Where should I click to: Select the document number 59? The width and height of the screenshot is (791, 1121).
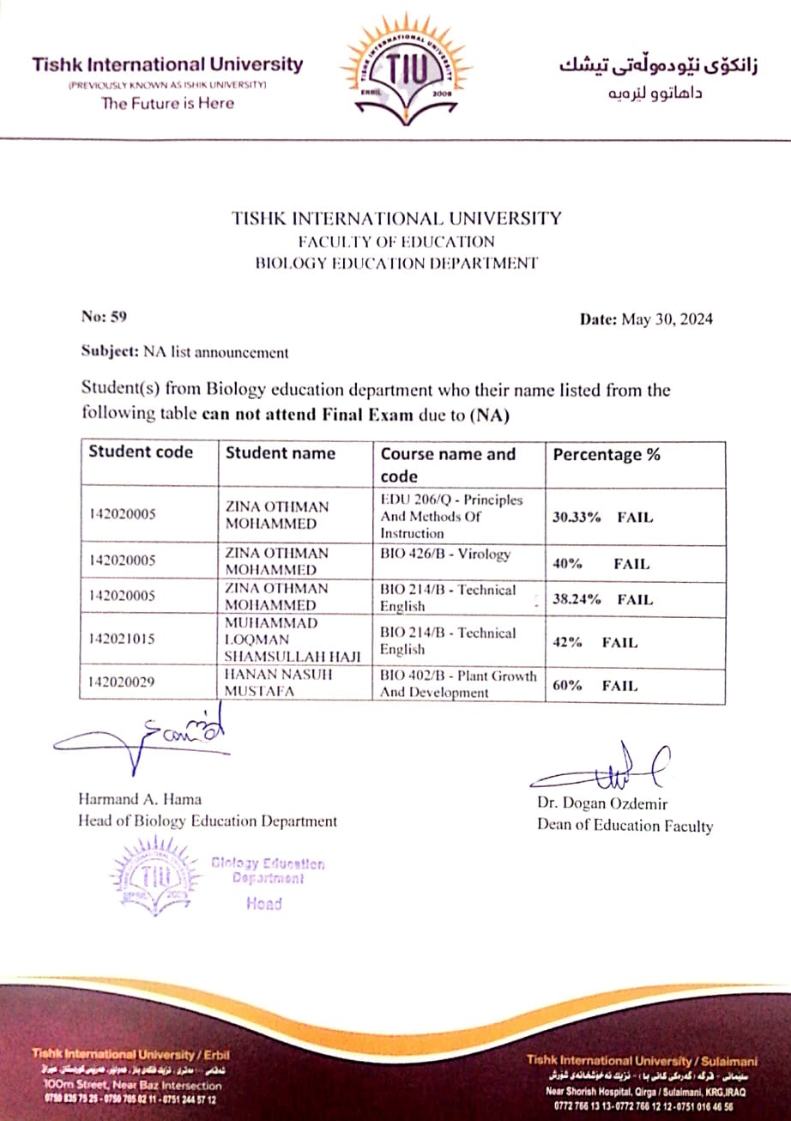click(x=105, y=317)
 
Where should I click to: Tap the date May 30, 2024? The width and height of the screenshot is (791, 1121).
click(x=646, y=319)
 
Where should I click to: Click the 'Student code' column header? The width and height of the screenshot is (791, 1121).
click(x=142, y=452)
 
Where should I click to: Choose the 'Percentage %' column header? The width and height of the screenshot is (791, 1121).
click(x=607, y=455)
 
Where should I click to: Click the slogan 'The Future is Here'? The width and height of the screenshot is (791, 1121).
click(x=167, y=103)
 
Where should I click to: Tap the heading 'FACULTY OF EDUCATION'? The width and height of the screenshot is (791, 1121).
click(x=395, y=241)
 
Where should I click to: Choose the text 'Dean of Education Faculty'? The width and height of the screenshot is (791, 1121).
click(x=625, y=826)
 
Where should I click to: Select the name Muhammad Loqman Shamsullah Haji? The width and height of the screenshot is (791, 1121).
click(x=292, y=639)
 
